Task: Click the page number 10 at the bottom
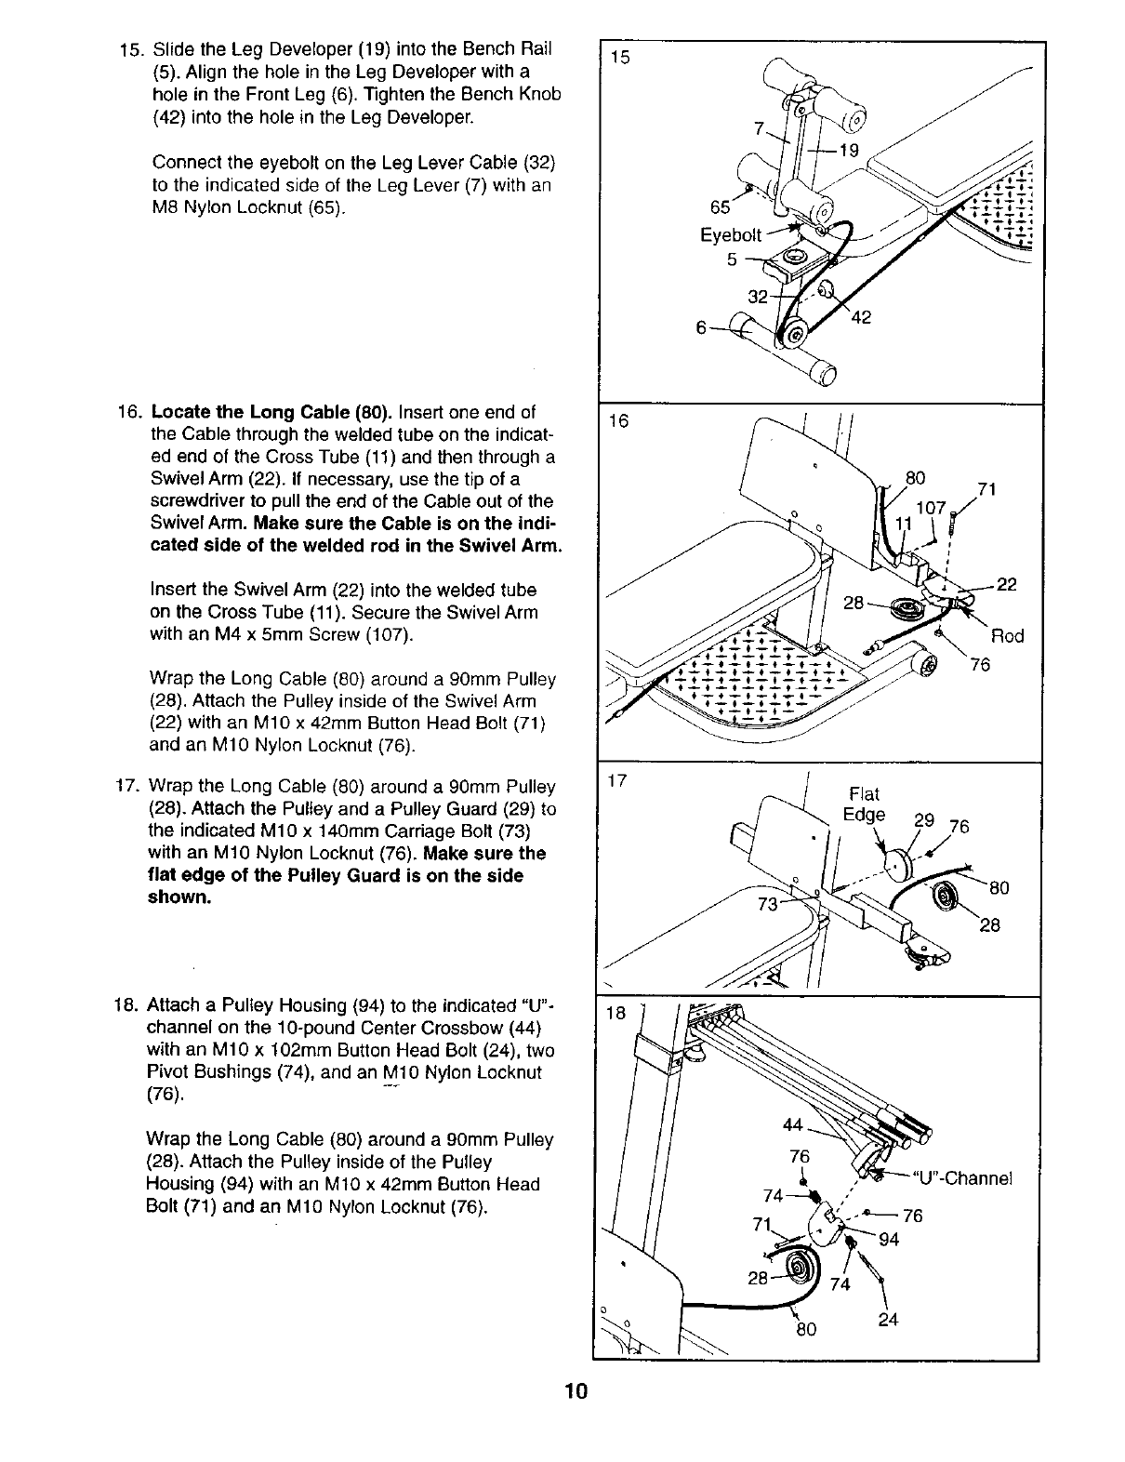(576, 1391)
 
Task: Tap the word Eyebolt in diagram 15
(731, 235)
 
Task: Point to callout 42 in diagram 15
(861, 317)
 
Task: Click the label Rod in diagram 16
(1007, 636)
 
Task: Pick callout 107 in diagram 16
(931, 509)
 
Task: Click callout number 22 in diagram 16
(1007, 584)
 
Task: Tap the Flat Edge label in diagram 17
(864, 804)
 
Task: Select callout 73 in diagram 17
(770, 905)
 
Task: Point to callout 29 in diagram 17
(924, 820)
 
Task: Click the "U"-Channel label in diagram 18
(963, 1178)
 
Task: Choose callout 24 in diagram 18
(888, 1318)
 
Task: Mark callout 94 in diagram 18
(888, 1238)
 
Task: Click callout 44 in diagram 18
(793, 1125)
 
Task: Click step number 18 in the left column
(126, 1006)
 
